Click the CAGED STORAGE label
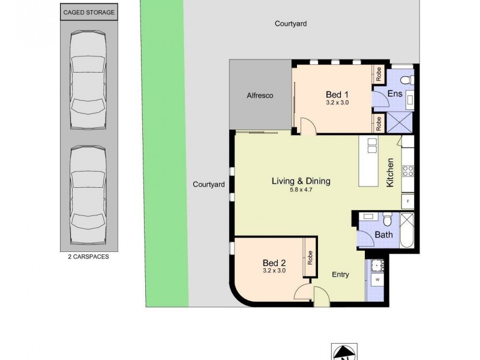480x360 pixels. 89,12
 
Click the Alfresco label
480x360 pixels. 260,95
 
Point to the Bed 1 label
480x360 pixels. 337,95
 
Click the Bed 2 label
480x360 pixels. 274,262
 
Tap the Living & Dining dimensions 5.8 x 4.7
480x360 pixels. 301,191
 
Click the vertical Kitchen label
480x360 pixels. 390,173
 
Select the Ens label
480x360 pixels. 394,94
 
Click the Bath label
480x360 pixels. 384,235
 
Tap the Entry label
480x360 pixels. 341,275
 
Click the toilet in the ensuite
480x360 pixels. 405,80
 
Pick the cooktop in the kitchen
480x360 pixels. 408,170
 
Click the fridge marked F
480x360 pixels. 408,200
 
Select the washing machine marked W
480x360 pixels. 377,280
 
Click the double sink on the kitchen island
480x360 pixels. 372,146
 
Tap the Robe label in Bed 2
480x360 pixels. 310,258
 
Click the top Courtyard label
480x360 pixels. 291,24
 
